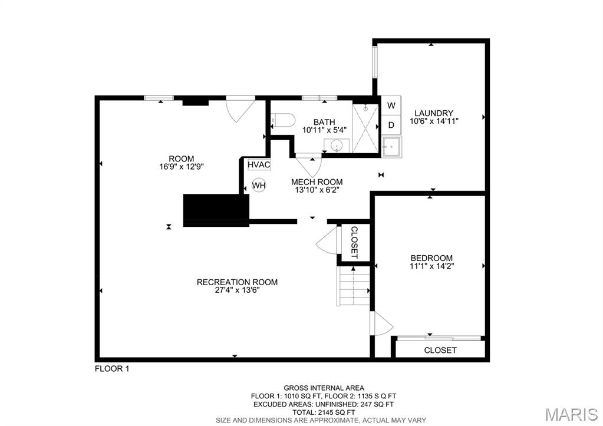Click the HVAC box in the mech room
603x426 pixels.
[259, 164]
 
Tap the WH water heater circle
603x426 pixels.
[259, 186]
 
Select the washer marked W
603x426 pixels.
[391, 105]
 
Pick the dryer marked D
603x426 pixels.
[391, 125]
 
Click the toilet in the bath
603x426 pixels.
[282, 120]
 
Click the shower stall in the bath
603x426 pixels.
[365, 128]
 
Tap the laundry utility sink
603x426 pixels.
[392, 146]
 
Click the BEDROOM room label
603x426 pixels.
[431, 258]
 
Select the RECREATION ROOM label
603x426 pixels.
[238, 282]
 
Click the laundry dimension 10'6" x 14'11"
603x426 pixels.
[434, 121]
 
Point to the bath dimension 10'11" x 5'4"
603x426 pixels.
[325, 130]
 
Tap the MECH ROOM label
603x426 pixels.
[317, 182]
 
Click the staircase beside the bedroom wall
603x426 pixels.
[354, 286]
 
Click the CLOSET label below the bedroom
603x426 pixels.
[440, 350]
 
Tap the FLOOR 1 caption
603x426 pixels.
[112, 369]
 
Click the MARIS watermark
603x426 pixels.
[571, 414]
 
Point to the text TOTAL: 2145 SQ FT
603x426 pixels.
[324, 412]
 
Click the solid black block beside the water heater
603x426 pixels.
[216, 210]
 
